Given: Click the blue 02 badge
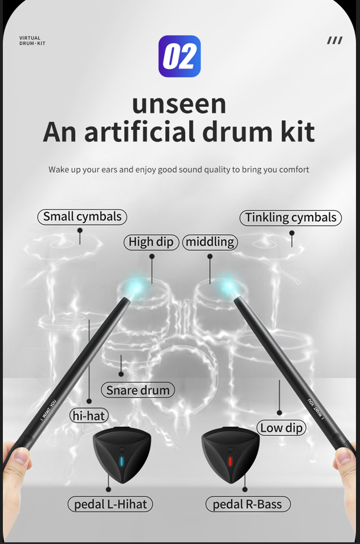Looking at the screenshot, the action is point(179,56).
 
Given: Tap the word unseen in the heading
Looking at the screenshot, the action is point(179,104).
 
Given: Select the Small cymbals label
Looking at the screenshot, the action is point(82,217).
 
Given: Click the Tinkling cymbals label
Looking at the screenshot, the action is point(291,218).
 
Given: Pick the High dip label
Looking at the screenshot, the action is point(151,242).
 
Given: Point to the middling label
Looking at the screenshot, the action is point(210,242).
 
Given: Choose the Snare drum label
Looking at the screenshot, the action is point(138,390).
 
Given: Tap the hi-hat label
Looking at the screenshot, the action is point(89,415).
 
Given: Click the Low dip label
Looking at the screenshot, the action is point(281,428).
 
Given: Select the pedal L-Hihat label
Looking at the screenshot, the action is point(111,504).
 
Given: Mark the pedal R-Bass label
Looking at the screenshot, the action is point(247,504).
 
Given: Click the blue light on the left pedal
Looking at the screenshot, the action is point(121,461).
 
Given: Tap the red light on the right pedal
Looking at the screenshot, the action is point(230,461).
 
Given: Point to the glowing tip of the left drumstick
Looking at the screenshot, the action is point(135,288).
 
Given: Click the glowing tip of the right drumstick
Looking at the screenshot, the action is point(228,286).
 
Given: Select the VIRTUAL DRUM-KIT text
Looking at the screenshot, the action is point(32,40).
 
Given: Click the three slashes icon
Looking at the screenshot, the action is point(334,40).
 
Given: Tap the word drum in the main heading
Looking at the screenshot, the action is point(239,132).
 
